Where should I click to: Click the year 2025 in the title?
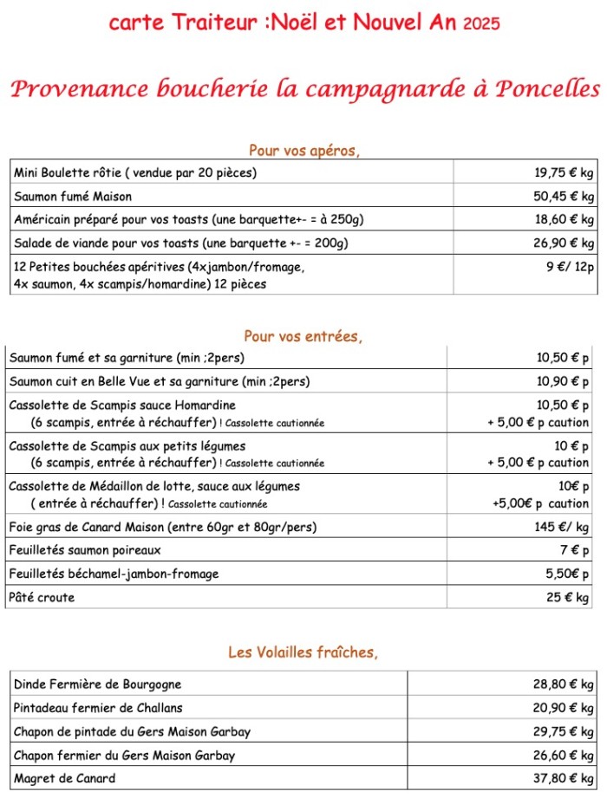[x=481, y=24]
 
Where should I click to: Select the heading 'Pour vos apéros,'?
[x=303, y=151]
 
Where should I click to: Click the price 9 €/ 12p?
[x=570, y=267]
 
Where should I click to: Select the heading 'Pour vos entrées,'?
[x=303, y=336]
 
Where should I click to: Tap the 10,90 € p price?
[x=563, y=381]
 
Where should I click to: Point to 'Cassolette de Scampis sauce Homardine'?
[x=122, y=405]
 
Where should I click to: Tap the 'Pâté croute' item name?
[x=42, y=597]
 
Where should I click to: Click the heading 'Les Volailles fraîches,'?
[x=303, y=652]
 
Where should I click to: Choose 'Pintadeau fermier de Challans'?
[x=98, y=707]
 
